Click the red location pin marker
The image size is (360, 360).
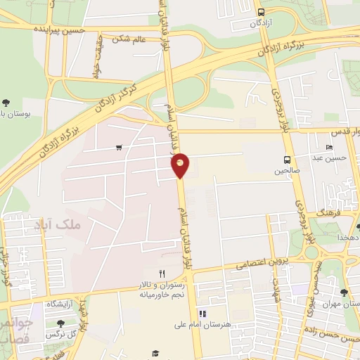click(181, 165)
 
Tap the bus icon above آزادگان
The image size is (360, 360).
click(262, 12)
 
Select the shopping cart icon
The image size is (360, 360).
click(118, 148)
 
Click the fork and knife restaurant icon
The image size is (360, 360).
click(161, 273)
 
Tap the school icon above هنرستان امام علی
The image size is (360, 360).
click(202, 314)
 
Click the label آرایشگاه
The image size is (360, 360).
click(61, 304)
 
